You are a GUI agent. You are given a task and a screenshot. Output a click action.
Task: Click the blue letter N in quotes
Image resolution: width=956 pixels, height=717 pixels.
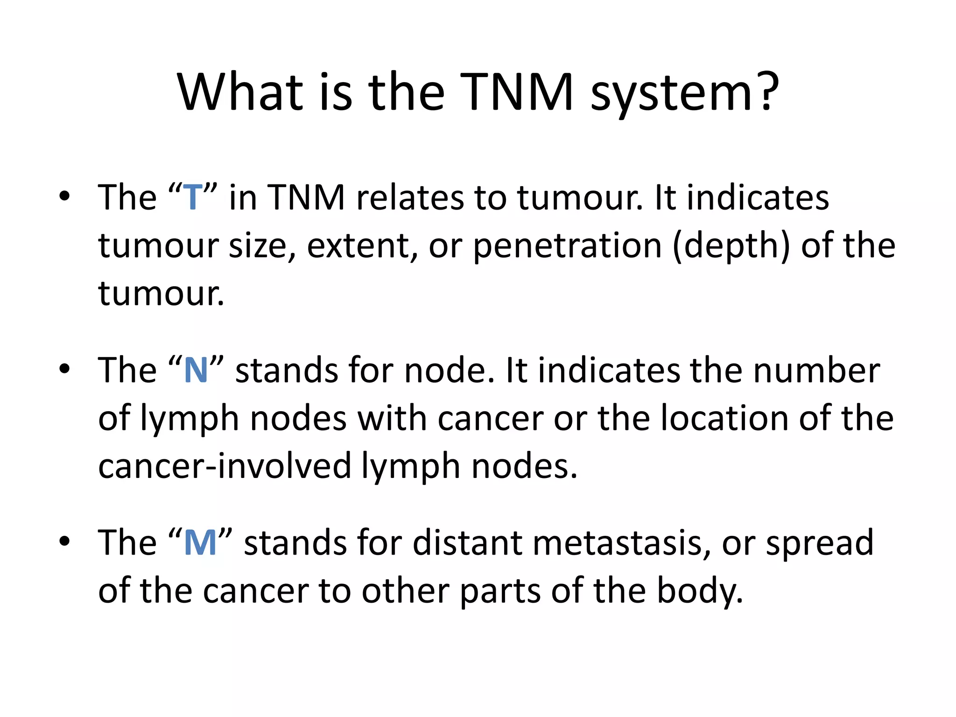pos(196,371)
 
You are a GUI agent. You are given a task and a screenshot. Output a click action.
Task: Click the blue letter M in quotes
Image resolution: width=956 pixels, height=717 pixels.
pos(200,543)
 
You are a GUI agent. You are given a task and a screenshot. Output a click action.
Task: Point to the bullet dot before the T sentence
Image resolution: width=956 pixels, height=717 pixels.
pos(64,197)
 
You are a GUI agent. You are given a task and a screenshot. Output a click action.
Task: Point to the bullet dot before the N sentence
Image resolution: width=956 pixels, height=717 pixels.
pos(64,369)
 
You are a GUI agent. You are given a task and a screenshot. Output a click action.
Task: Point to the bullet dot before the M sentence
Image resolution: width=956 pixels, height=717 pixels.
pos(64,541)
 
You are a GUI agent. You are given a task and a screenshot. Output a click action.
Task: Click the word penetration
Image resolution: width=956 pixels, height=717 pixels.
pos(567,246)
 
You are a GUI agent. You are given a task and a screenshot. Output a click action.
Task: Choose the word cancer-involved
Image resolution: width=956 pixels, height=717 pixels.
pos(225,466)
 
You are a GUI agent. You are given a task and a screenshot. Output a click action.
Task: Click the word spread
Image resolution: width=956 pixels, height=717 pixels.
pos(819,543)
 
